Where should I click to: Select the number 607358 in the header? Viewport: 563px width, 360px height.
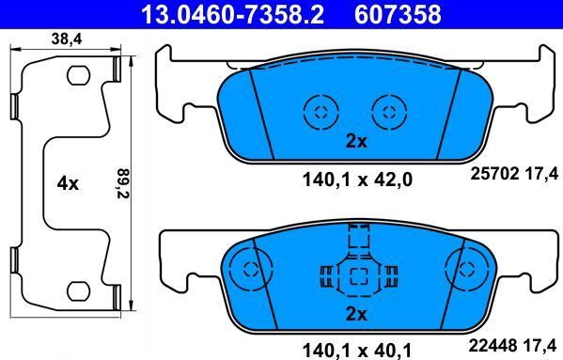pyautogui.click(x=399, y=14)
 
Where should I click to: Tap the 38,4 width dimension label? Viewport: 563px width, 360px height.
pyautogui.click(x=59, y=39)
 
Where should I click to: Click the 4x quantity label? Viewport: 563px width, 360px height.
pyautogui.click(x=67, y=184)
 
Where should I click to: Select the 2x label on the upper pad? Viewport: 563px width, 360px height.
pyautogui.click(x=355, y=143)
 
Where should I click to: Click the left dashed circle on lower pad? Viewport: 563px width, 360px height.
pyautogui.click(x=250, y=269)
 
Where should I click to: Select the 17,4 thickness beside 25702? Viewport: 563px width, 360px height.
pyautogui.click(x=546, y=173)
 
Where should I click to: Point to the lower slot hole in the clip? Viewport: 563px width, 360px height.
pyautogui.click(x=78, y=294)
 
